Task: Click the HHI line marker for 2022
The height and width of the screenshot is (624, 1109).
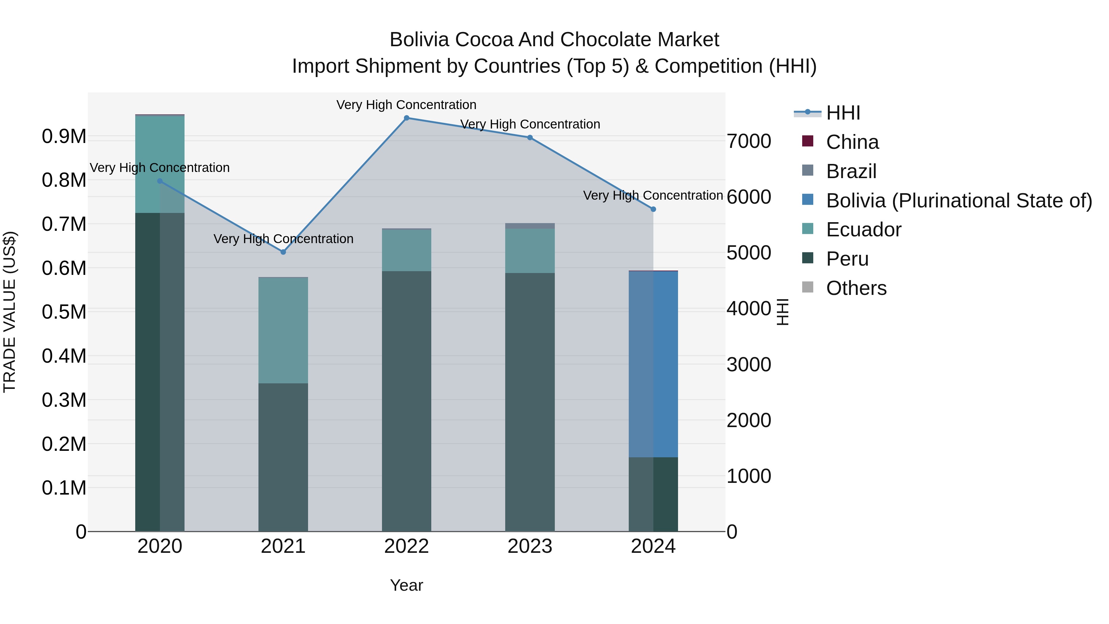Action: click(406, 118)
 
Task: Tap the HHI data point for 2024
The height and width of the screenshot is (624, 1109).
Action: click(653, 209)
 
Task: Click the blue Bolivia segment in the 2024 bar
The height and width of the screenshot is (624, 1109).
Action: click(653, 364)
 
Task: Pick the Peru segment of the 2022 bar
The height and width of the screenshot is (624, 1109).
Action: click(406, 401)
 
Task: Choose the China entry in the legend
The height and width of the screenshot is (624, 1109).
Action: click(852, 142)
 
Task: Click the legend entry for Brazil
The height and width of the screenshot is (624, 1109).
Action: click(851, 171)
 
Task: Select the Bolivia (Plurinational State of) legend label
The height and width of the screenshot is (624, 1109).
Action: click(959, 201)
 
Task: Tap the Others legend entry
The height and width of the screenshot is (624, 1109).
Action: click(856, 288)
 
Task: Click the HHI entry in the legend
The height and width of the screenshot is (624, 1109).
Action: click(843, 113)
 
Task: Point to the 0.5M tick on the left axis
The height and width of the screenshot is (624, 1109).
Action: click(64, 312)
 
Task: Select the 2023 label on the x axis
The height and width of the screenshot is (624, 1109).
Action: click(530, 546)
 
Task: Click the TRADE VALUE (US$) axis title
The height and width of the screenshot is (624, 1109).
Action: click(10, 312)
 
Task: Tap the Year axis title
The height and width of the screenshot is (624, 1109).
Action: click(406, 585)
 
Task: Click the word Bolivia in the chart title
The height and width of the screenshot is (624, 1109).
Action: click(419, 40)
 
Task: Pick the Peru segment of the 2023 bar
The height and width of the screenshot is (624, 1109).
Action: click(530, 401)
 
